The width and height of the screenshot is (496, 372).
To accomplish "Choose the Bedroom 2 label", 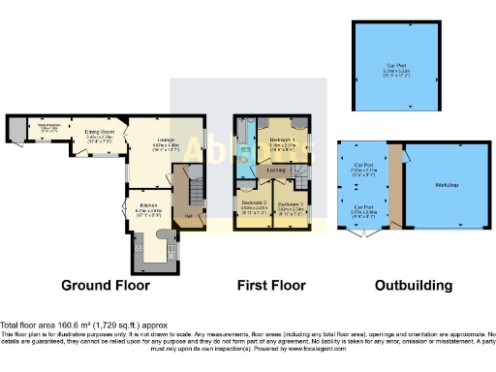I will [x=254, y=202].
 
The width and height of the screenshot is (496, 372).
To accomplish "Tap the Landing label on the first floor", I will [x=277, y=173].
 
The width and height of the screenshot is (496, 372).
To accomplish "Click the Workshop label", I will [x=446, y=184].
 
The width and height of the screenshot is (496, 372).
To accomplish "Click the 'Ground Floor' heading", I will [x=106, y=286].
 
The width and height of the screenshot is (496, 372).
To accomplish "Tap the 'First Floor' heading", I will [x=272, y=286].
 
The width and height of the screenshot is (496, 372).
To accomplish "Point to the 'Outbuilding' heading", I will [x=414, y=286].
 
